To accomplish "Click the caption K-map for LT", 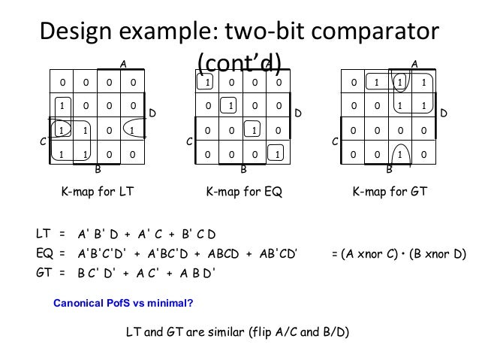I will coord(97,192).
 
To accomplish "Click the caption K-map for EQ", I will coord(243,192).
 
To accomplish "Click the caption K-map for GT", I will coord(390,192).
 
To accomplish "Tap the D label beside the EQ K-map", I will coord(298,113).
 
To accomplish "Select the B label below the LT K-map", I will coord(98,170).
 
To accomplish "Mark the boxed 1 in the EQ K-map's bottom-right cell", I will coord(279,156).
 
